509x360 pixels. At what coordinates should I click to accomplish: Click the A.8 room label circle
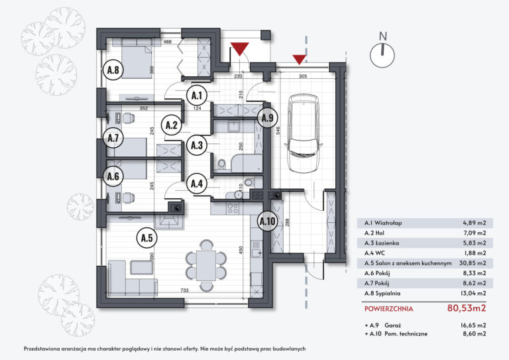coord(113,70)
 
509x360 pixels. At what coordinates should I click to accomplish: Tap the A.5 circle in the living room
coord(146,238)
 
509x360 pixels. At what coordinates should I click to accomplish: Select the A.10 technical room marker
coord(268,221)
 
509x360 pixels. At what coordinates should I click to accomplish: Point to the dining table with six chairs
coord(206,265)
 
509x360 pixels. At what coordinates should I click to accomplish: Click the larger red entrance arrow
coord(239,48)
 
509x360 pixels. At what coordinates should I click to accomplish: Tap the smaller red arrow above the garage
coord(300,60)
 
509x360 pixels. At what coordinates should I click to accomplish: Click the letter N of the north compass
coord(383,36)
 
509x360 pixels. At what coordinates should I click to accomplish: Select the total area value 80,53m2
coord(467,308)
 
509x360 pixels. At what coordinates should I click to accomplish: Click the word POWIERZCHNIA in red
coord(389,309)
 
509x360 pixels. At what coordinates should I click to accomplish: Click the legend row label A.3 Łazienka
coord(382,243)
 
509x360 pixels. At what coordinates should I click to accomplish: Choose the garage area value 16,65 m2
coord(473,325)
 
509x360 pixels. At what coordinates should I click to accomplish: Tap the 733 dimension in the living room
coord(184,290)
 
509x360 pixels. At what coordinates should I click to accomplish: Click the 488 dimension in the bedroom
coord(168,42)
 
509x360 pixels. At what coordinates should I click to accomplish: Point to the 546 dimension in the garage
coord(278,130)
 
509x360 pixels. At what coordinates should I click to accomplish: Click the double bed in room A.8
coord(133,62)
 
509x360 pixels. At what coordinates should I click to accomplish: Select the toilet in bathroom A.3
coord(222,163)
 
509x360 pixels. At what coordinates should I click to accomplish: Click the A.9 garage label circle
coord(268,118)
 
